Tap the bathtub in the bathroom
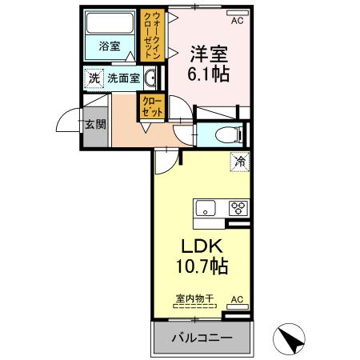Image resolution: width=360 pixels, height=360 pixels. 110,25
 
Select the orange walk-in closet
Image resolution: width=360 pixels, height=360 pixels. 150,36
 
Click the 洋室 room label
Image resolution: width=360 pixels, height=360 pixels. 208,55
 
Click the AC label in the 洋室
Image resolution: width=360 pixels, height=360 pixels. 237,12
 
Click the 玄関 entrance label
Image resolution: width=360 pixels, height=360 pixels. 94,125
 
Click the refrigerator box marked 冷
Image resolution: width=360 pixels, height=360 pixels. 239,161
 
